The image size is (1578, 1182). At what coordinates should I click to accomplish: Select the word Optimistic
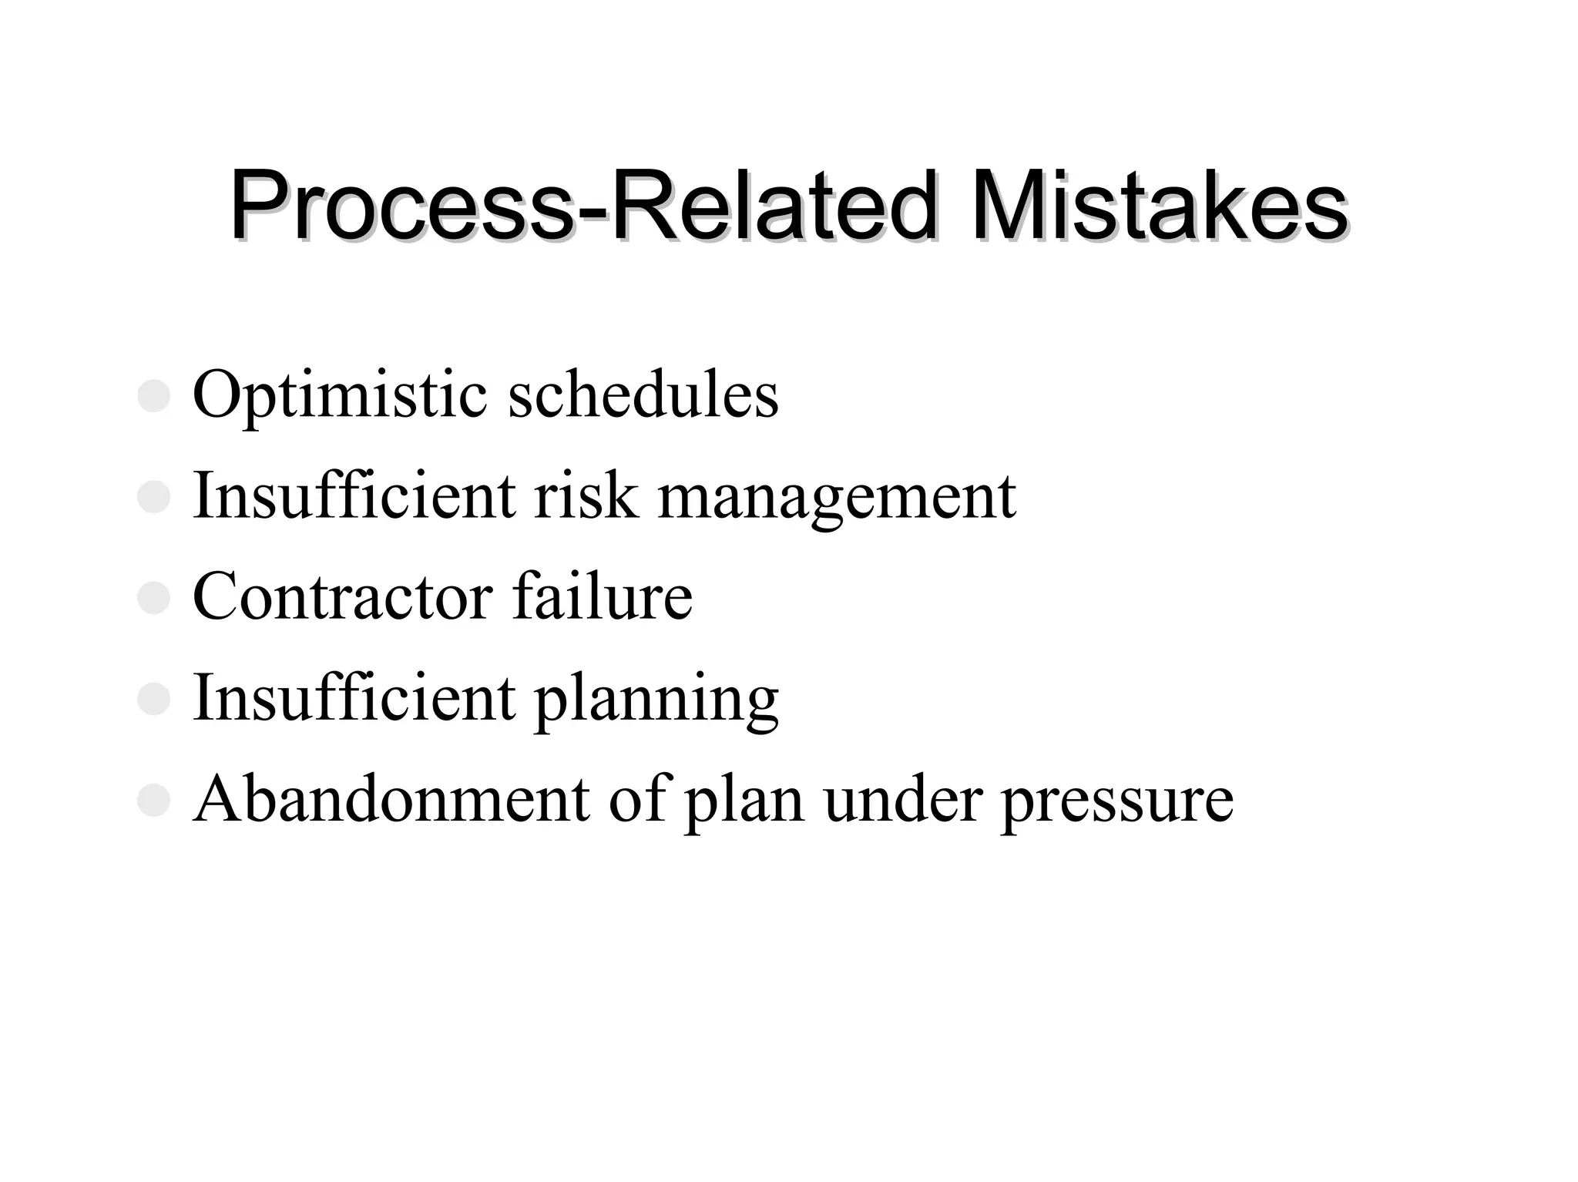pos(340,396)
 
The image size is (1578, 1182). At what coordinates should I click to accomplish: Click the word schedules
pos(643,396)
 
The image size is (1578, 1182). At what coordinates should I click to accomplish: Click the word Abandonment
pos(391,799)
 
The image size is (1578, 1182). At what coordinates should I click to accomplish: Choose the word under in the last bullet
pos(902,799)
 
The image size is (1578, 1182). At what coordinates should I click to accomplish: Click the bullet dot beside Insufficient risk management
pos(153,497)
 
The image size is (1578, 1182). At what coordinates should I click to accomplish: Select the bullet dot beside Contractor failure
pos(153,598)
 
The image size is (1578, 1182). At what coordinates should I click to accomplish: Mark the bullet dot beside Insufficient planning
pos(153,699)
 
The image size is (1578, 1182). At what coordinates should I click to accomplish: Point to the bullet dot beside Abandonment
pos(153,800)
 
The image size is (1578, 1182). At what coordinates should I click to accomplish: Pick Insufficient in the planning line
pos(354,697)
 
